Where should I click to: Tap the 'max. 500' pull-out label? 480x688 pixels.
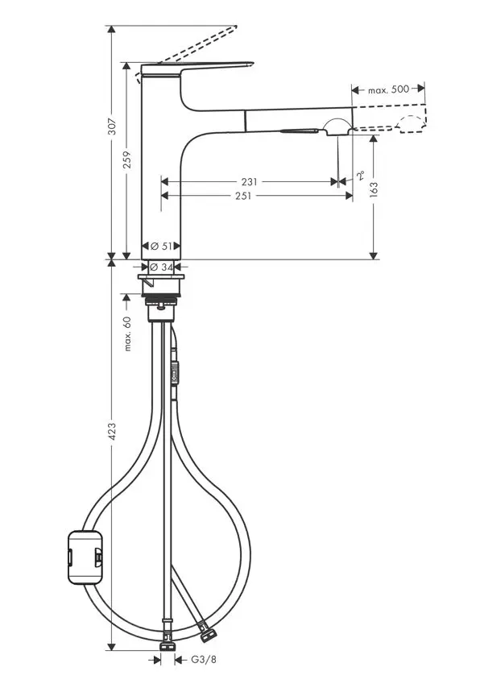[389, 89]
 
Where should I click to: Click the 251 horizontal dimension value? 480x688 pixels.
[242, 196]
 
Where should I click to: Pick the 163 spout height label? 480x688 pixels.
[374, 188]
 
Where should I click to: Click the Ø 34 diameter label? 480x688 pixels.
[163, 267]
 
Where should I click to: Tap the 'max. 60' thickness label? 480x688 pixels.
[127, 334]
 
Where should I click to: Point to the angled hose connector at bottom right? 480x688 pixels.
[207, 634]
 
